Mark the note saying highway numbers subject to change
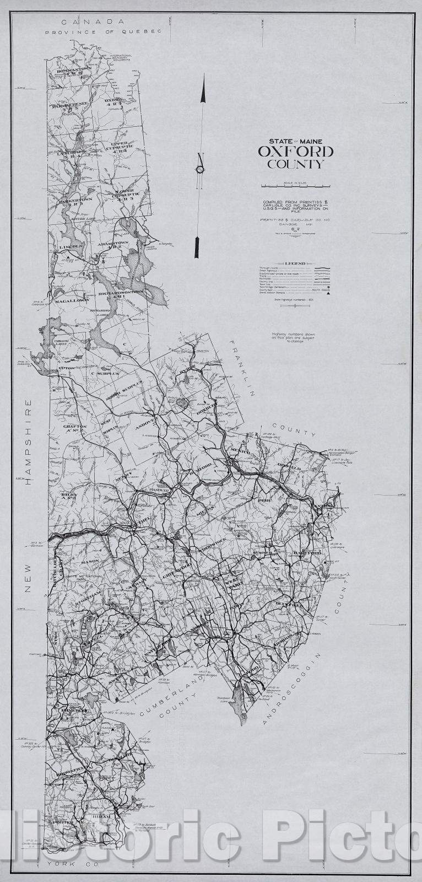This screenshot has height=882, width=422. point(287,337)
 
